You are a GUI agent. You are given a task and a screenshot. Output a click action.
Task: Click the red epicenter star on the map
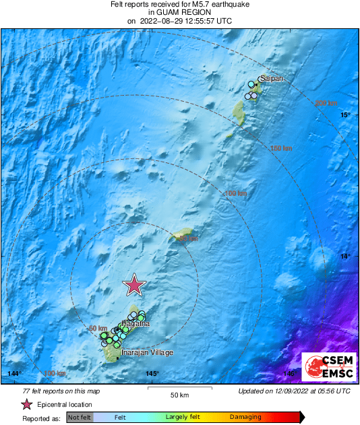[135, 285]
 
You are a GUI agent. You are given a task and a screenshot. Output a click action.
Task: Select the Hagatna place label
[136, 324]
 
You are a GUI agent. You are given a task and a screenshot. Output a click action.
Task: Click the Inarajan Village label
[147, 353]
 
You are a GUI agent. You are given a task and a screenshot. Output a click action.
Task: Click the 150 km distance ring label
[281, 148]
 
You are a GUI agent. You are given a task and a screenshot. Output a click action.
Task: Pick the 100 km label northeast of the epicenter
[235, 194]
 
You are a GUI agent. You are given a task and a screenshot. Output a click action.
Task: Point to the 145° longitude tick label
[152, 374]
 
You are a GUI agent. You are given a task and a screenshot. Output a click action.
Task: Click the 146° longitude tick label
[289, 374]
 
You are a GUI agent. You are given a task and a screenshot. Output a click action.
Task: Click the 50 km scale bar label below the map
[179, 395]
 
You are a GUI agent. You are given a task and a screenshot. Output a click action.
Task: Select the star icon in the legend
[27, 404]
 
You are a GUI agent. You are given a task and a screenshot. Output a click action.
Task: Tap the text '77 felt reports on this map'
[61, 391]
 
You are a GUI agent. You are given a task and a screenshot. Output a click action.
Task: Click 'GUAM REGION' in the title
[179, 12]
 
